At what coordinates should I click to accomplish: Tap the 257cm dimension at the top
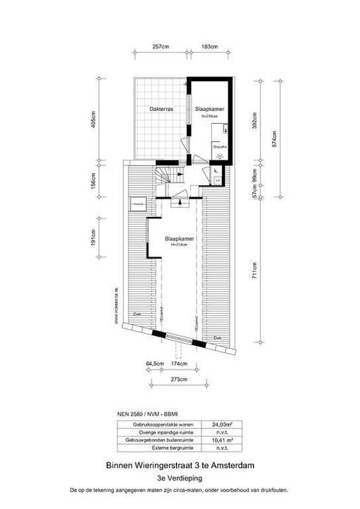(x=161, y=47)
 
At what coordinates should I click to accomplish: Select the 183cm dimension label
(x=209, y=47)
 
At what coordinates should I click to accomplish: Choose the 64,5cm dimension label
(x=155, y=363)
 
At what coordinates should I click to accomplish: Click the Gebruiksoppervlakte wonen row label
(x=158, y=424)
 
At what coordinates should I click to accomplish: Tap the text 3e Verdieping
(x=180, y=478)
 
